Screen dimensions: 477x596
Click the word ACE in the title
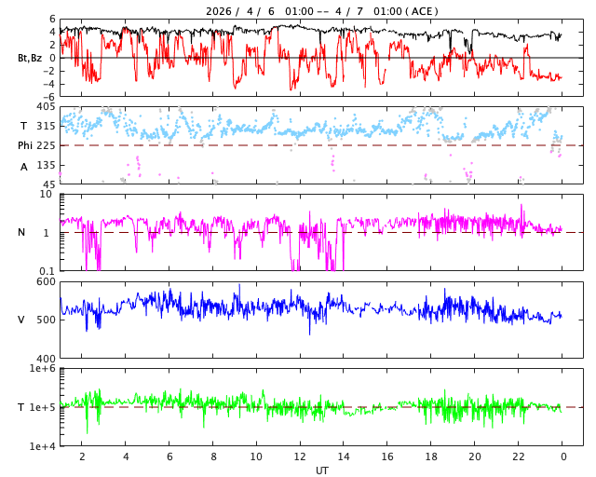[x=423, y=11]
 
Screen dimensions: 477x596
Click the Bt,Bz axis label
[x=29, y=58]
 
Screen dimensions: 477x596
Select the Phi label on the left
[x=27, y=145]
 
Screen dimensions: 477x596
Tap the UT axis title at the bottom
[x=321, y=470]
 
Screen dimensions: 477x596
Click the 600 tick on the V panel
[x=47, y=281]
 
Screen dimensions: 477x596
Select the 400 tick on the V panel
[x=47, y=358]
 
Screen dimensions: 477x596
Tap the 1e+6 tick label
[x=43, y=369]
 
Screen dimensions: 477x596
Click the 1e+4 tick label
[x=43, y=446]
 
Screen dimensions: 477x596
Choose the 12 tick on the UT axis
[x=300, y=457]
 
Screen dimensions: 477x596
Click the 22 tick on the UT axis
[x=519, y=457]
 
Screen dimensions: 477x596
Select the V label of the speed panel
[x=21, y=320]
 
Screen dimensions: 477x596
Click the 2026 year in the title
[x=220, y=11]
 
